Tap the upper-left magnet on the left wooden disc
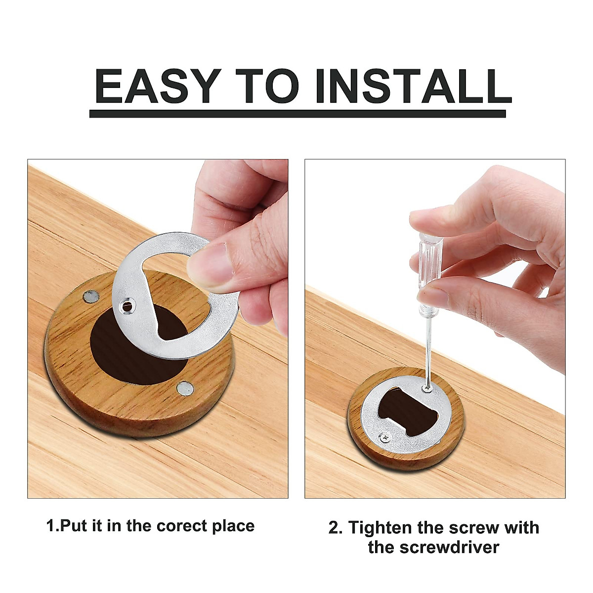(91, 296)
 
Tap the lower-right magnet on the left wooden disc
(185, 389)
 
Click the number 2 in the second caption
(334, 527)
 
